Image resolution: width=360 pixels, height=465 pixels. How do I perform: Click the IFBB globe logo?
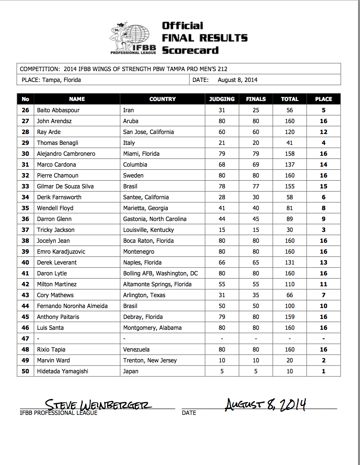(x=134, y=38)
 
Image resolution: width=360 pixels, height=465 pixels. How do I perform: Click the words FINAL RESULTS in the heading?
(x=205, y=38)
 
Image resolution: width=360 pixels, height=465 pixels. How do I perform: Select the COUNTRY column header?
(x=162, y=99)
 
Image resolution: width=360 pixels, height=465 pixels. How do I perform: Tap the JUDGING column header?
(x=222, y=99)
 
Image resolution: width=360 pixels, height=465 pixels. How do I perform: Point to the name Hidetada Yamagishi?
(x=63, y=371)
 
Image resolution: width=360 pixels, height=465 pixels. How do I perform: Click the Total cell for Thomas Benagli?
(x=290, y=143)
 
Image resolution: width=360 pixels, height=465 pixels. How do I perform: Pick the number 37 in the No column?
(x=26, y=230)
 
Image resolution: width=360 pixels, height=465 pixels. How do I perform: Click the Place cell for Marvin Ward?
(x=323, y=360)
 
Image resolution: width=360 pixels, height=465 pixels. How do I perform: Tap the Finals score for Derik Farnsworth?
(x=256, y=197)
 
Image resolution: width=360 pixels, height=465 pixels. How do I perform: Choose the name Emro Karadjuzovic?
(x=61, y=251)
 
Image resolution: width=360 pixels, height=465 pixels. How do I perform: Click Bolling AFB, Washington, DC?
(x=160, y=273)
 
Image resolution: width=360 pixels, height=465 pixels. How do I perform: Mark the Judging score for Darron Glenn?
(x=222, y=219)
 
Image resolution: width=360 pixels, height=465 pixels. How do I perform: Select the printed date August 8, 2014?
(x=237, y=80)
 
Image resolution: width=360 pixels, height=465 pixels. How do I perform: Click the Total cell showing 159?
(x=290, y=317)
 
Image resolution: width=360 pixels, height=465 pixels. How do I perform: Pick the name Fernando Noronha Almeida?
(x=72, y=306)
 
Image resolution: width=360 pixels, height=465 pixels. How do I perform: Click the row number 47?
(x=26, y=338)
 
